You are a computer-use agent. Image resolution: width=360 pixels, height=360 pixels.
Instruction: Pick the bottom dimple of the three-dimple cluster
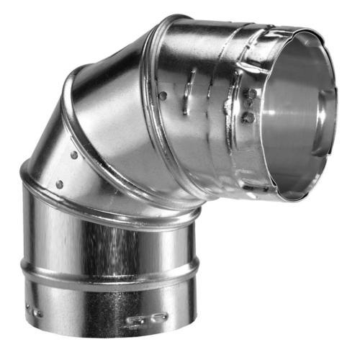tap(249, 117)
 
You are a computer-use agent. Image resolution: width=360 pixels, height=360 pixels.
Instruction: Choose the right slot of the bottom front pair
tap(158, 316)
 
